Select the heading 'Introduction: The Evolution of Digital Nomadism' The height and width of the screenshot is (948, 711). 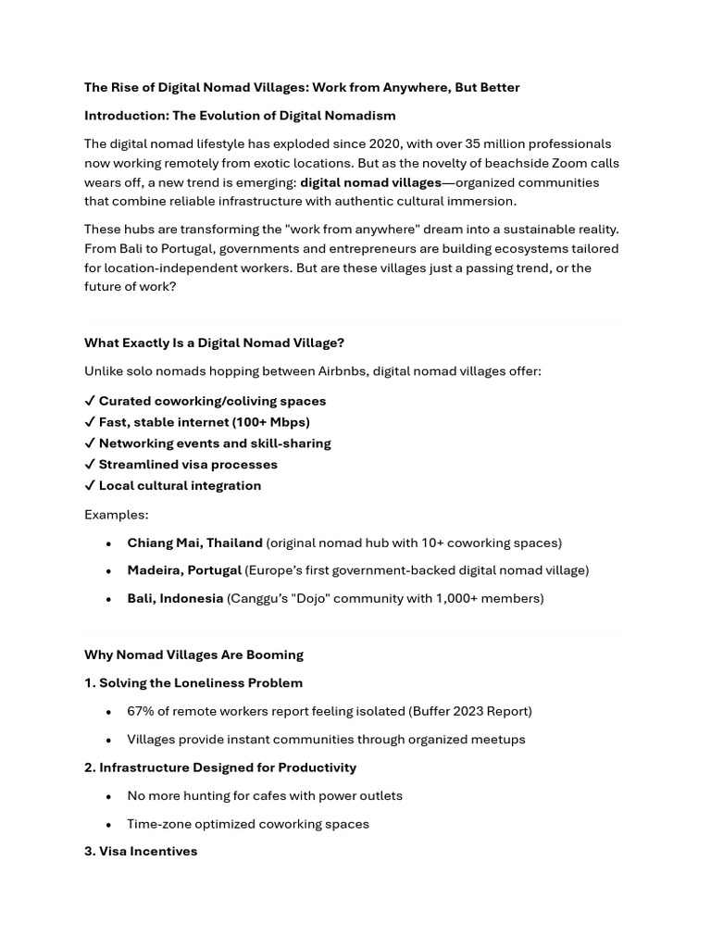[240, 116]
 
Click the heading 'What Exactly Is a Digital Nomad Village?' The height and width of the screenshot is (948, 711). [214, 343]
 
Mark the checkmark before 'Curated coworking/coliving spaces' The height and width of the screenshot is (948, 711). [90, 401]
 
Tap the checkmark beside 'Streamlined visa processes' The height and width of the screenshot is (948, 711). [90, 465]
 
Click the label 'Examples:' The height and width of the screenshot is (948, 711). [116, 515]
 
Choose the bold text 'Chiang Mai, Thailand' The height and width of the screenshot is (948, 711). [194, 543]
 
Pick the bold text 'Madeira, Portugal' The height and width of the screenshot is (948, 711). [184, 570]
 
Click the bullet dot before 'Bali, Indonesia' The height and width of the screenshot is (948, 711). [109, 599]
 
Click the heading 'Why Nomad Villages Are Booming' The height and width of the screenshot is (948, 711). [193, 655]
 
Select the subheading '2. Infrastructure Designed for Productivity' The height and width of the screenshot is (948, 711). [220, 767]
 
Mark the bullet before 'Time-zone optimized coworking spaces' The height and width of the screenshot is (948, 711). [109, 825]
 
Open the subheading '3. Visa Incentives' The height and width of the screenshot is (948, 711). [141, 851]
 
